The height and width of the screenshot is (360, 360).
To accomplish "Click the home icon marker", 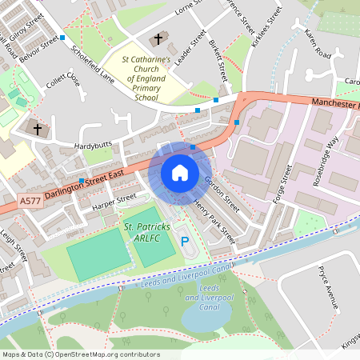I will [x=180, y=173].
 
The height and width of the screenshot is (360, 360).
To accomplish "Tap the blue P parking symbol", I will [x=186, y=241].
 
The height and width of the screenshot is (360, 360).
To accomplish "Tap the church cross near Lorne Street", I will [x=158, y=38].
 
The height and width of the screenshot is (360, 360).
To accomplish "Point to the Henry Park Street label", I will [x=214, y=222].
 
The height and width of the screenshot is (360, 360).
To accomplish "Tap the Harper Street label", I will [x=115, y=202].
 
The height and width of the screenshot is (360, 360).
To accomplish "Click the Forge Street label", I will [x=283, y=186].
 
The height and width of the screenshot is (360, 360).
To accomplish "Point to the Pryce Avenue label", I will [x=329, y=287].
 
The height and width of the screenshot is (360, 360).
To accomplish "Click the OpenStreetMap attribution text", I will [x=81, y=354].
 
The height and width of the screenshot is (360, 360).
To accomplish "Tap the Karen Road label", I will [x=318, y=46].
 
